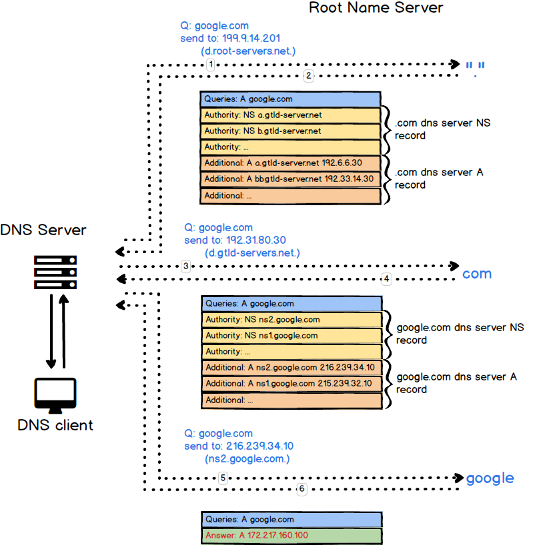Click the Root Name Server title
[376, 9]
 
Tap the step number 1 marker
[210, 65]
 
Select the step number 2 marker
[308, 76]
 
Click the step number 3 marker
[186, 267]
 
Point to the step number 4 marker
[386, 278]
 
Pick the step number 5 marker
[223, 478]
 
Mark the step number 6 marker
[302, 490]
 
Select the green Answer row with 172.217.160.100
[292, 535]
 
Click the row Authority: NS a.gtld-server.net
[291, 115]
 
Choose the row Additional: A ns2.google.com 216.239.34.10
[292, 367]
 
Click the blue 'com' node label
[477, 273]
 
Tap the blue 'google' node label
[490, 478]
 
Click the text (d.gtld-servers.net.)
[253, 253]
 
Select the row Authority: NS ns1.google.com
[292, 335]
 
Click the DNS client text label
[55, 425]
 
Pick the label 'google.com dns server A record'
[457, 383]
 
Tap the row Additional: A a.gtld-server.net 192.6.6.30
[291, 163]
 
